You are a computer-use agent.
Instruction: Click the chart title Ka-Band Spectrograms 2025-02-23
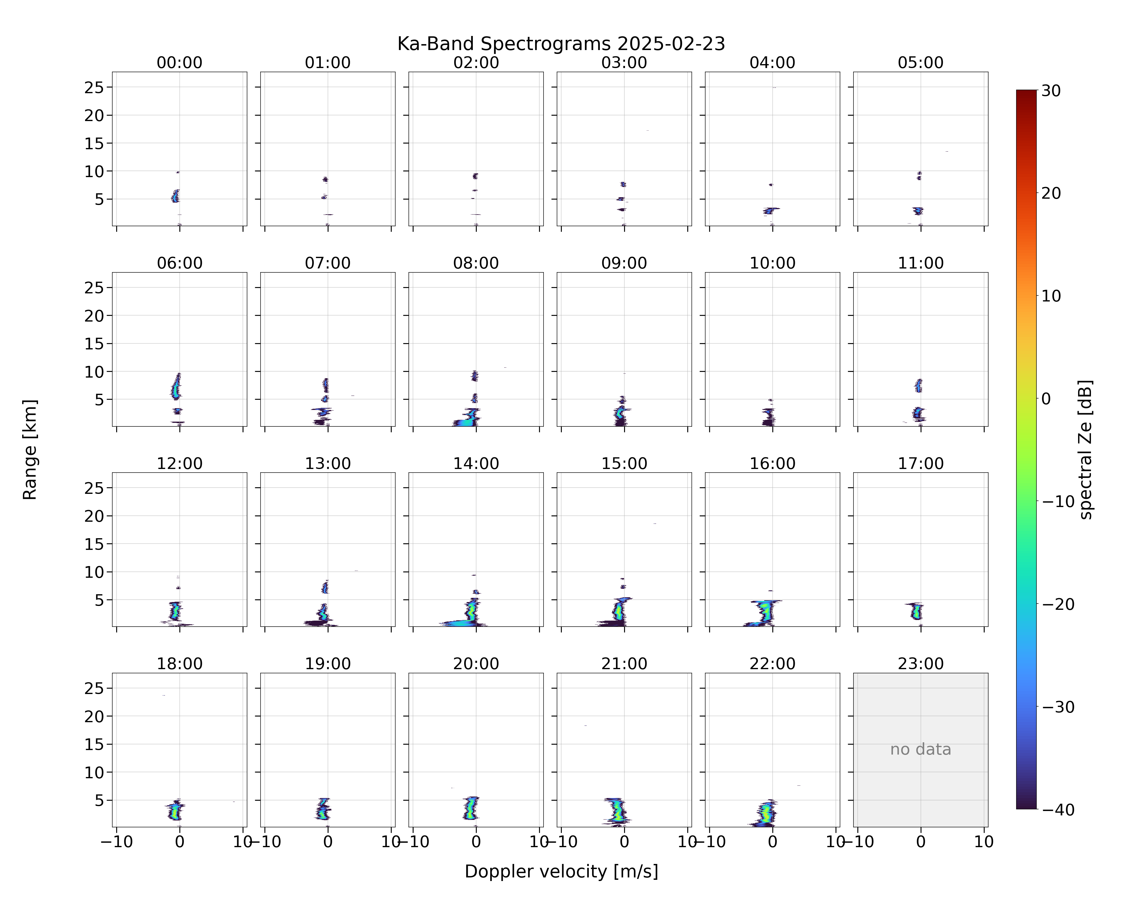click(561, 44)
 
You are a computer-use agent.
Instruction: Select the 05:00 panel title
click(920, 63)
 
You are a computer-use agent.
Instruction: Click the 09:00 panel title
click(624, 263)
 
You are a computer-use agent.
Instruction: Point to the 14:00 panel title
click(476, 463)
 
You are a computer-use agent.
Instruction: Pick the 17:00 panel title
click(920, 463)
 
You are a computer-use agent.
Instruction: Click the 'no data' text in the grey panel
click(920, 749)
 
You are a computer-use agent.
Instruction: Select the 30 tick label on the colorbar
click(1051, 91)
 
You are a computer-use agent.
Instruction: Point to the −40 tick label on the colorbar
click(1058, 809)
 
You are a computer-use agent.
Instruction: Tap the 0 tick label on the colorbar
click(1046, 399)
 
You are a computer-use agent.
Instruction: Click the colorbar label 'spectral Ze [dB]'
click(1086, 449)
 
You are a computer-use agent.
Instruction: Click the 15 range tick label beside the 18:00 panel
click(94, 744)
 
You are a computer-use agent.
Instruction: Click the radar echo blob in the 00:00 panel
click(175, 196)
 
